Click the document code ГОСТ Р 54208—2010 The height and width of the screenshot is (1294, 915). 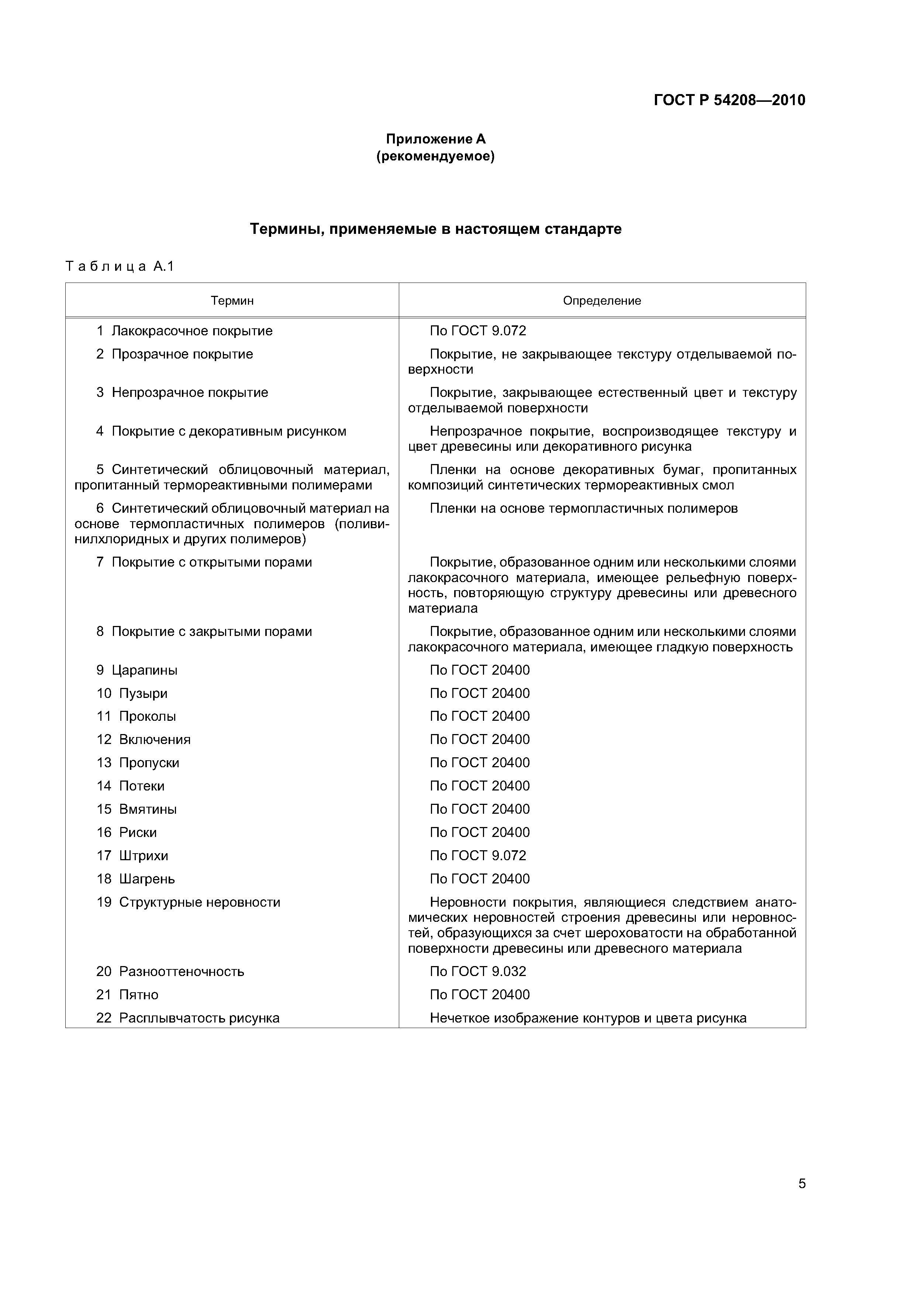(x=729, y=100)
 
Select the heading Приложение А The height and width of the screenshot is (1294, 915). (x=435, y=139)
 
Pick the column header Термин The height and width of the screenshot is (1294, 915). (x=232, y=301)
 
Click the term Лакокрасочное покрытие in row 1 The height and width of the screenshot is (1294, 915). (x=192, y=331)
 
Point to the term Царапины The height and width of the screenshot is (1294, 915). (x=144, y=671)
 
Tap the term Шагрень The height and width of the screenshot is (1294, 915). (x=147, y=879)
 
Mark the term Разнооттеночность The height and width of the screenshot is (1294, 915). (x=182, y=972)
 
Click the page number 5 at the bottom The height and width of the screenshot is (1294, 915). (x=802, y=1184)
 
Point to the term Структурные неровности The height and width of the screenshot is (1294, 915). (x=200, y=902)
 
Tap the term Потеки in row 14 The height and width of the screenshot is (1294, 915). (x=142, y=786)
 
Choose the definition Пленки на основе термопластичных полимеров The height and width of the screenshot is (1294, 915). (x=584, y=509)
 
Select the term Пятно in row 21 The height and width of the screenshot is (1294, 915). (x=139, y=995)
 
